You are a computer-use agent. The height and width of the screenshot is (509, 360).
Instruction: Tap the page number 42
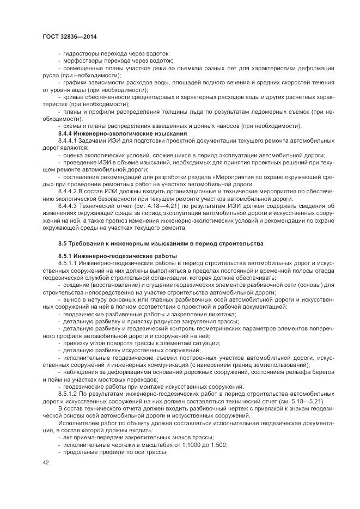[46, 462]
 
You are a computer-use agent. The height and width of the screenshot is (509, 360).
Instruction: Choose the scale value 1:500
[217, 444]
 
